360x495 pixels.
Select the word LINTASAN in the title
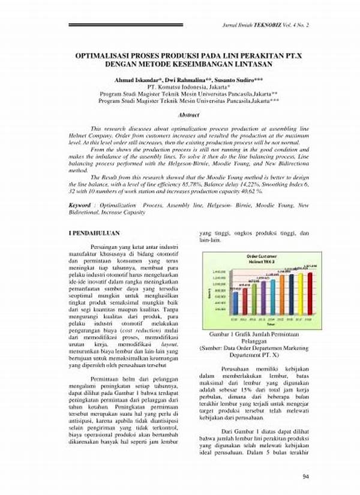(x=243, y=63)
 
